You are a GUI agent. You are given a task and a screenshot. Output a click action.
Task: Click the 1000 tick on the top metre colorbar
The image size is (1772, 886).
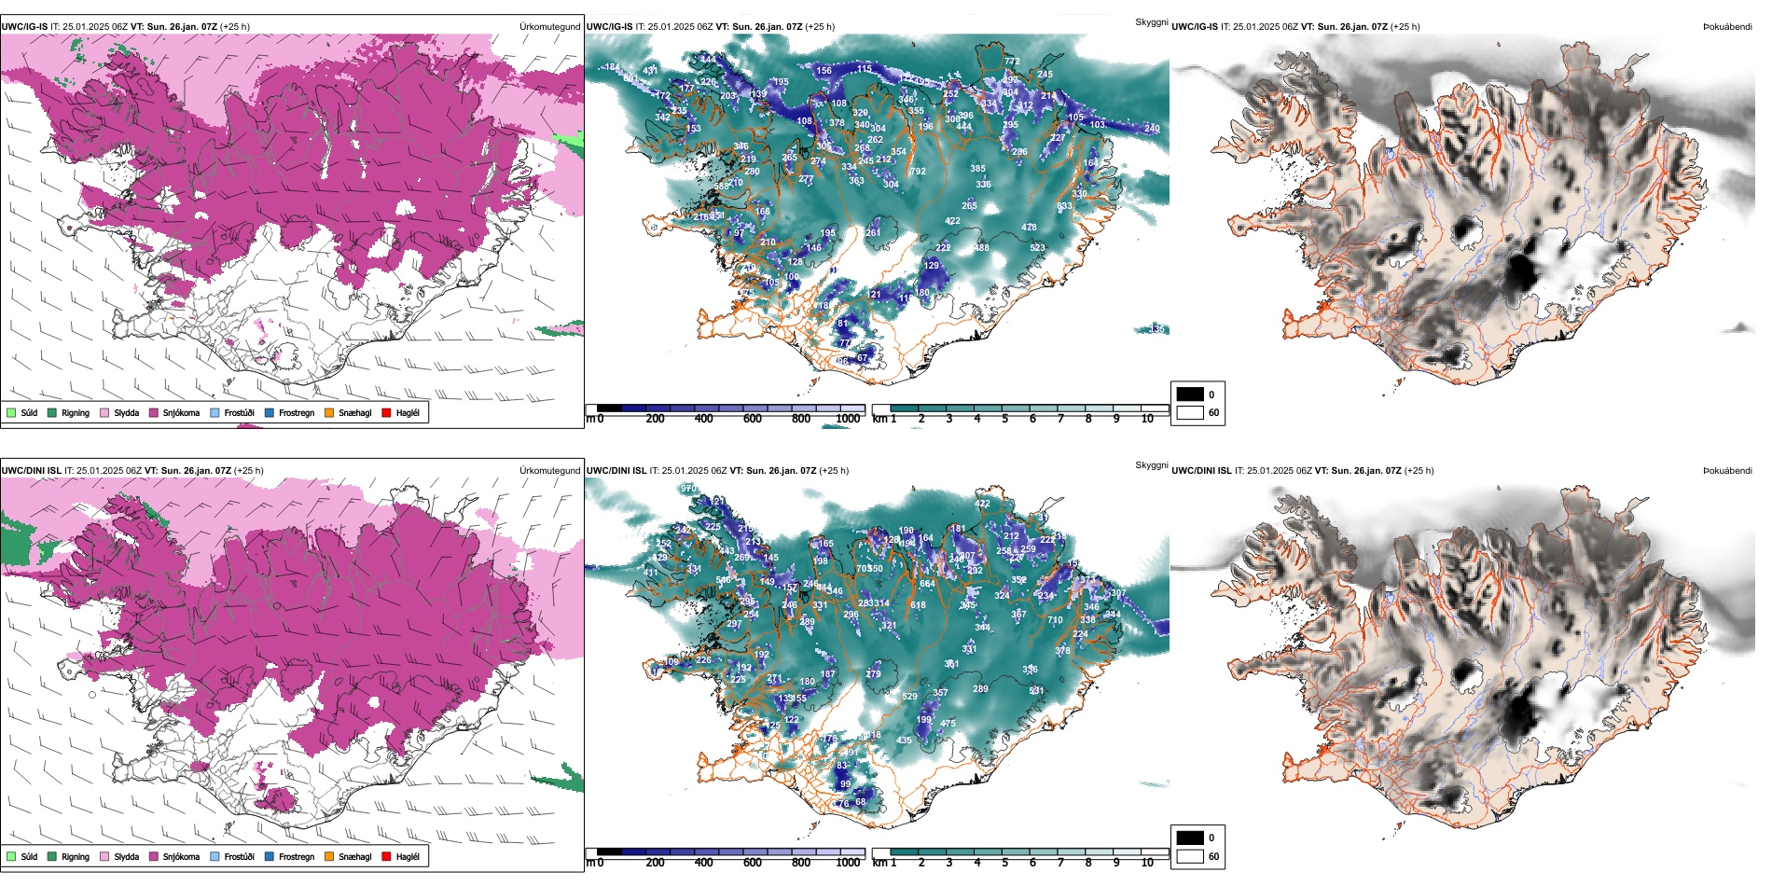pyautogui.click(x=848, y=419)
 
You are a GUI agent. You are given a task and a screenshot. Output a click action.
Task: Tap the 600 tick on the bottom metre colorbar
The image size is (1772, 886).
pyautogui.click(x=752, y=863)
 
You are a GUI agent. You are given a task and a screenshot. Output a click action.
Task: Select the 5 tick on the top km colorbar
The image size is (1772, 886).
pyautogui.click(x=1004, y=419)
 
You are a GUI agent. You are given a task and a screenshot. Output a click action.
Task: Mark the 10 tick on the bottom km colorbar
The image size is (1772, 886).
pyautogui.click(x=1147, y=863)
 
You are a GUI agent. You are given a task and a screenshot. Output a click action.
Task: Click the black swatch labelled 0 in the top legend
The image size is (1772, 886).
pyautogui.click(x=1190, y=395)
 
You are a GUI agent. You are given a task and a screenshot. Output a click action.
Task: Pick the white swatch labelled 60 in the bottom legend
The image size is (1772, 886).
pyautogui.click(x=1190, y=856)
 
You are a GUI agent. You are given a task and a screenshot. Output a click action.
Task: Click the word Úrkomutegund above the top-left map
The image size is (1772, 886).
pyautogui.click(x=549, y=27)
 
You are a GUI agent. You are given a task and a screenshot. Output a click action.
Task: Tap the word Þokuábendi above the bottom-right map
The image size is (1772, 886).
pyautogui.click(x=1727, y=471)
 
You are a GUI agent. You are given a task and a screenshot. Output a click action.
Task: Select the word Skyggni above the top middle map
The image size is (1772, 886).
pyautogui.click(x=1151, y=21)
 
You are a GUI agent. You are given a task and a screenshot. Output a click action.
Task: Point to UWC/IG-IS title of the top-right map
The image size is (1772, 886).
pyautogui.click(x=1195, y=27)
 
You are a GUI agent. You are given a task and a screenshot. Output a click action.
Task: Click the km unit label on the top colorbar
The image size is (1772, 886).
pyautogui.click(x=879, y=419)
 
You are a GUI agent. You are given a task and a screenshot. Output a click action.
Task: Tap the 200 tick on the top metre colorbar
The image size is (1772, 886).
pyautogui.click(x=655, y=419)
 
